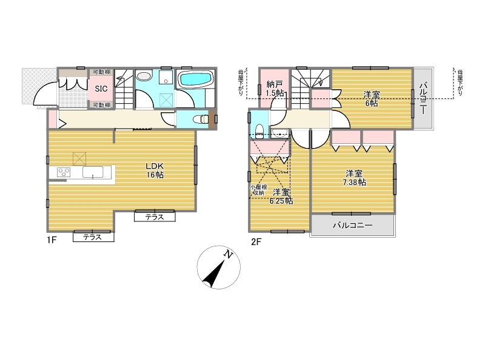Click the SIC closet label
click(101, 89)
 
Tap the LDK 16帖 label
click(155, 170)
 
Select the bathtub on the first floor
click(196, 78)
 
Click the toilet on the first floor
click(201, 119)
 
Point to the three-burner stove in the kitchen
click(64, 172)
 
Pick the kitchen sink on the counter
click(93, 172)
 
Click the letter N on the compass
click(229, 254)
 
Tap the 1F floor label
click(52, 240)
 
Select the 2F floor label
click(256, 241)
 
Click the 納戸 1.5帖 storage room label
click(275, 89)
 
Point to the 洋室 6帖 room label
click(372, 99)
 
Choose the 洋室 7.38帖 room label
click(354, 178)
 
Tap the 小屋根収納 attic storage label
click(258, 190)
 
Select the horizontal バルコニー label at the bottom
click(353, 225)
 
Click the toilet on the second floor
click(259, 131)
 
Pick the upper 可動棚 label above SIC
click(101, 72)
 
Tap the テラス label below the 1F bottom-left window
click(93, 237)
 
